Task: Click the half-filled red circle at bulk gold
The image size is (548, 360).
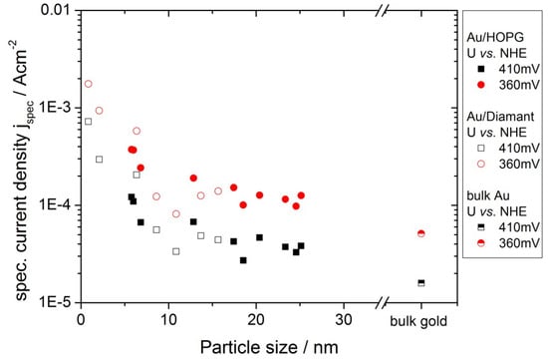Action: click(420, 233)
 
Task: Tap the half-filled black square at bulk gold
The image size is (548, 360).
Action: click(420, 283)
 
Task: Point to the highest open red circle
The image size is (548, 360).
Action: click(89, 84)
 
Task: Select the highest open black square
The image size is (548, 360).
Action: click(89, 122)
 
